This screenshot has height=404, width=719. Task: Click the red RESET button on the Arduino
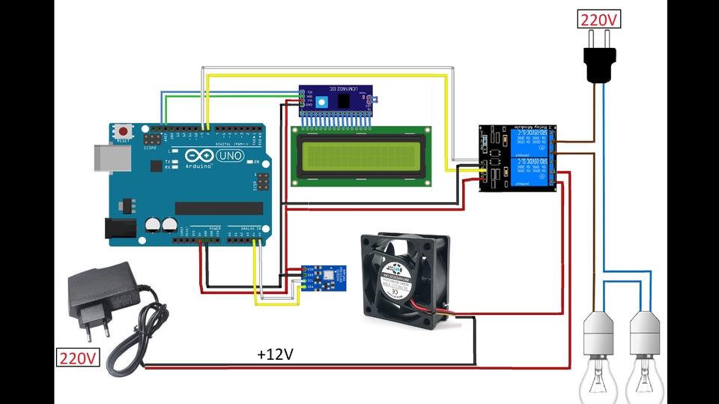coord(123,131)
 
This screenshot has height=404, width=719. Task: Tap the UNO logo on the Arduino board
coord(227,155)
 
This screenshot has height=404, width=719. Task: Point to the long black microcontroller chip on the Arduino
coord(219,208)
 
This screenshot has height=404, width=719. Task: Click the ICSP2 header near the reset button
coord(153,140)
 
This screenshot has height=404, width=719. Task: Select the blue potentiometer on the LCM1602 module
coord(321,102)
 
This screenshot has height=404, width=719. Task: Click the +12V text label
coord(275,354)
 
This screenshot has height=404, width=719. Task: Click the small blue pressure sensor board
coord(325,277)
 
